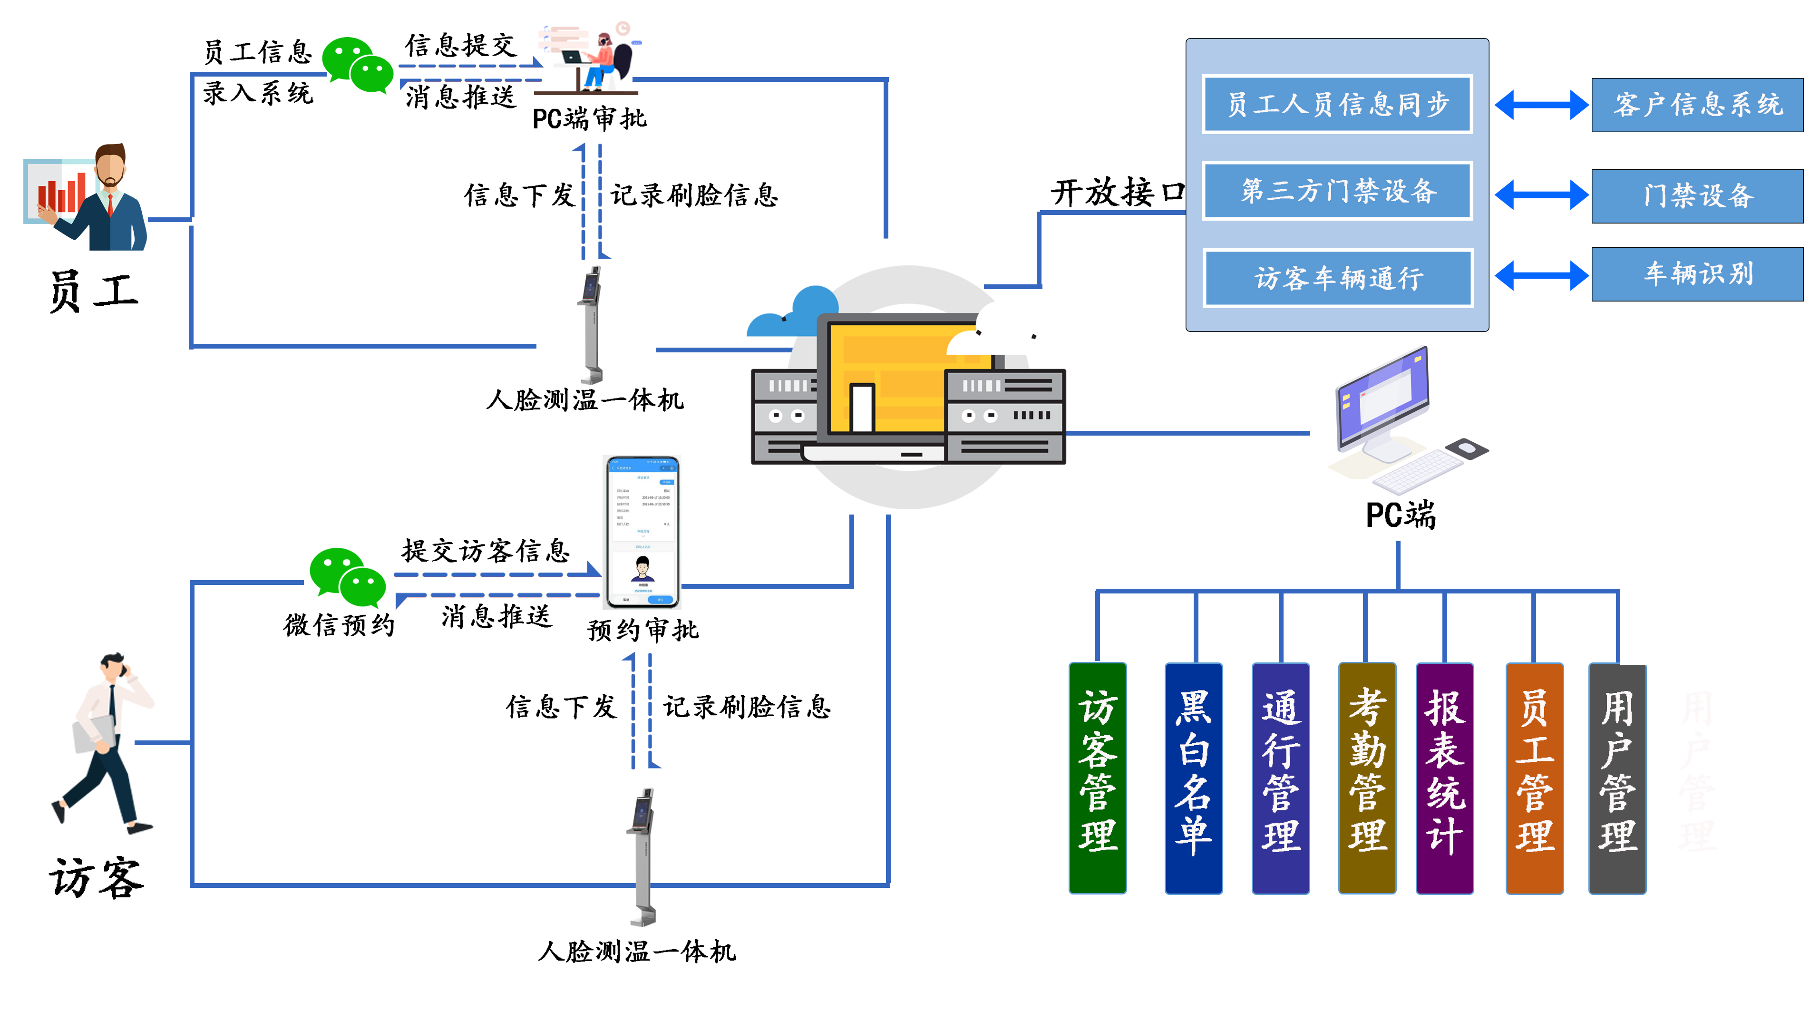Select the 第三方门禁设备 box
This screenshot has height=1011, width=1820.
click(1337, 191)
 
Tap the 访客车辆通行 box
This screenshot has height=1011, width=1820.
click(1337, 278)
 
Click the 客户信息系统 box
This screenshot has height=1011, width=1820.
click(1696, 105)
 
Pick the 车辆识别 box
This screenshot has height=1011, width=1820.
click(1696, 274)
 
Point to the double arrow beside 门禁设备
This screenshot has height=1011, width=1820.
click(1540, 194)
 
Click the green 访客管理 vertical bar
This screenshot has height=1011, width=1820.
click(1097, 777)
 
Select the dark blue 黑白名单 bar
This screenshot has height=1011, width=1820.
click(1193, 777)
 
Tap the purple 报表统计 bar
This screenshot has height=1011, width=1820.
click(1444, 777)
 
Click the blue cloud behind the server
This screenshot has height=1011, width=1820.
click(795, 314)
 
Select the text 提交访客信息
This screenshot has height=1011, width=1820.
click(486, 550)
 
